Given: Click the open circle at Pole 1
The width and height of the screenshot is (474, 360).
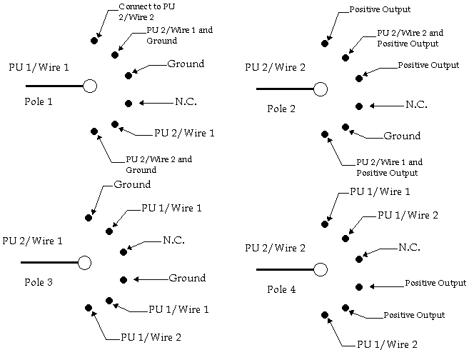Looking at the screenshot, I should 89,86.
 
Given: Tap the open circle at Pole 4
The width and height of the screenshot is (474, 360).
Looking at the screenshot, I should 321,269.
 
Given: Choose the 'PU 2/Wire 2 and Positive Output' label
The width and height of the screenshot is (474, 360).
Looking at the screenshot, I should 410,38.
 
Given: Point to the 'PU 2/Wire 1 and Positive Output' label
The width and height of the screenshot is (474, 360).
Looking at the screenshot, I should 388,167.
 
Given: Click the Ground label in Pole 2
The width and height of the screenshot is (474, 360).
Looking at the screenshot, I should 402,136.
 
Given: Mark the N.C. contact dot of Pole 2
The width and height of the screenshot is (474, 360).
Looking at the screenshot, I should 359,106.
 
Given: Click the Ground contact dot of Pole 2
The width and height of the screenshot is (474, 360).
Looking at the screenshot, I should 346,126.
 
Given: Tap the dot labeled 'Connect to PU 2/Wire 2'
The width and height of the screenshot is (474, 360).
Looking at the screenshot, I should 94,40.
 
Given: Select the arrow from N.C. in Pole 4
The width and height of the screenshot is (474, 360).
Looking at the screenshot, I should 378,250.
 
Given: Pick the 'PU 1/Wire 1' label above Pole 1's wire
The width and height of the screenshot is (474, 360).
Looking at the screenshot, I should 39,68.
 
